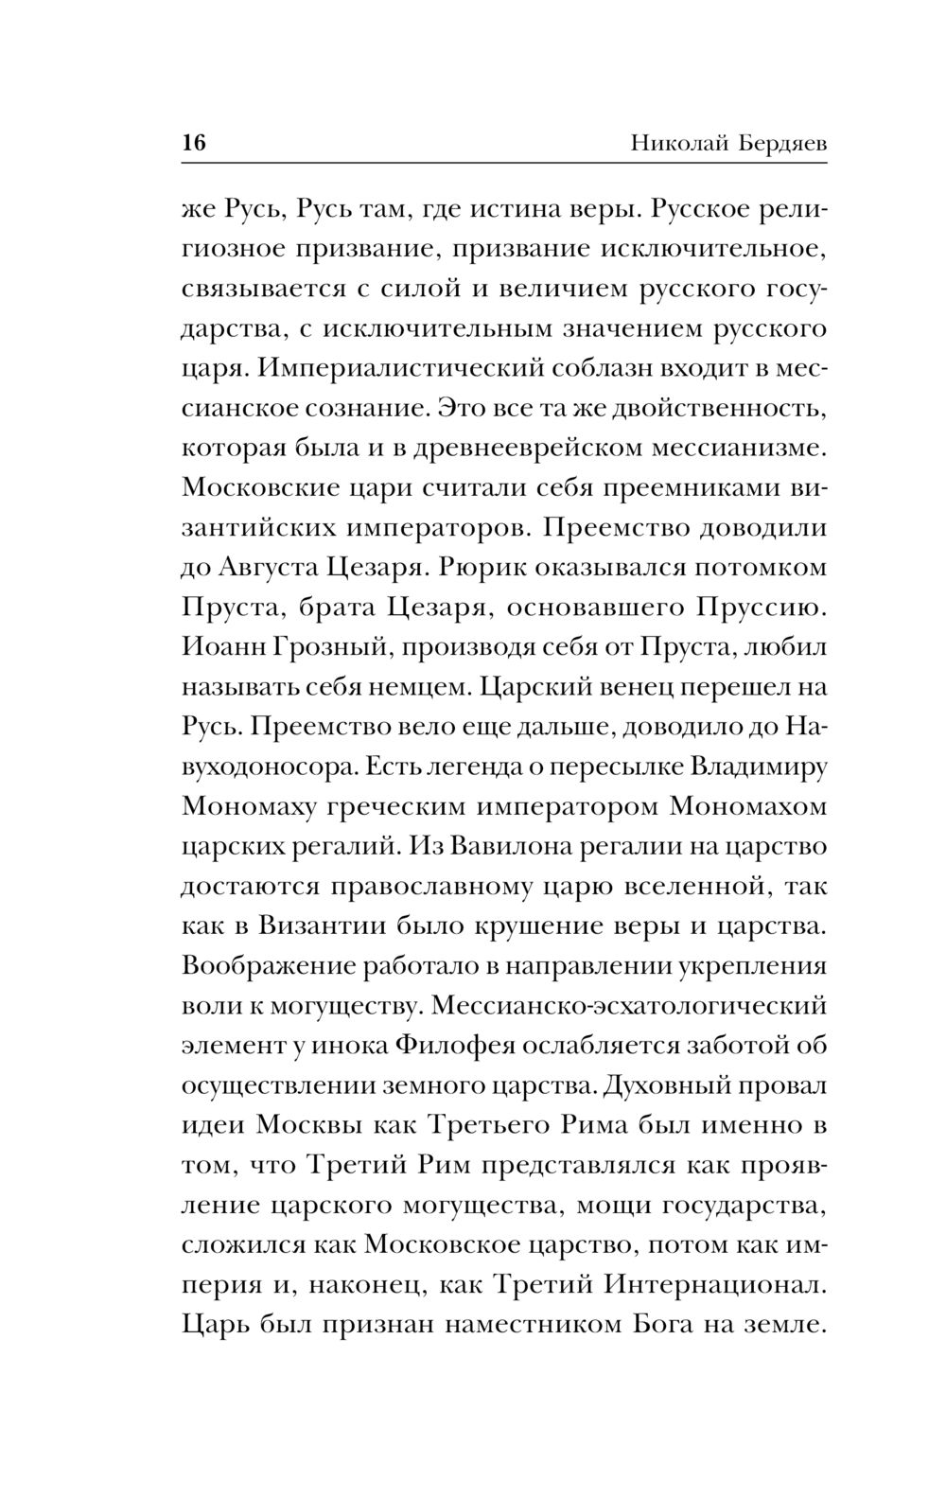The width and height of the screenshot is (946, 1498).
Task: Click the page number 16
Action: pos(193,144)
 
